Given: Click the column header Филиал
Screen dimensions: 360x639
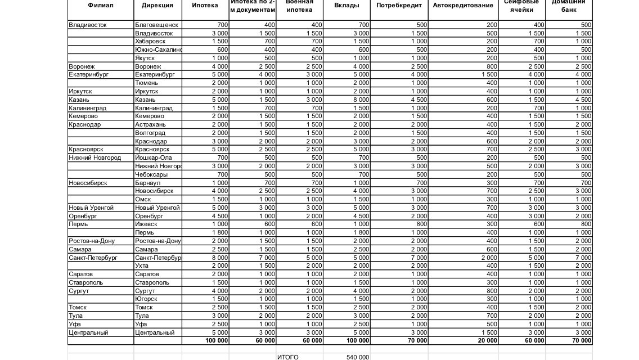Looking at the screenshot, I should pyautogui.click(x=101, y=6).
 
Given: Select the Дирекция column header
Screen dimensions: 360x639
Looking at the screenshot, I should pyautogui.click(x=157, y=6).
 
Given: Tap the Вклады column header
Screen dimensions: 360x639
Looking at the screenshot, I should pyautogui.click(x=346, y=6).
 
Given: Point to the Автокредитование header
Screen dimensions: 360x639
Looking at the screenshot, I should pyautogui.click(x=463, y=6).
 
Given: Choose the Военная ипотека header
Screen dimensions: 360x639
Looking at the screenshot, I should pyautogui.click(x=299, y=6).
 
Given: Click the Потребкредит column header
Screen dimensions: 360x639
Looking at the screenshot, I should pyautogui.click(x=399, y=6).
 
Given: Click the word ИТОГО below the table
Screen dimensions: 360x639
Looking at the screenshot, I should pyautogui.click(x=288, y=357).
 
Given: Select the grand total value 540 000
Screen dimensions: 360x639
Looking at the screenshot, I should pyautogui.click(x=358, y=357).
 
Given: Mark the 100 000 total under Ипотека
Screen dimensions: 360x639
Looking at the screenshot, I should pyautogui.click(x=217, y=341).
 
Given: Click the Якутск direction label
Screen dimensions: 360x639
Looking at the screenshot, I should pyautogui.click(x=145, y=58).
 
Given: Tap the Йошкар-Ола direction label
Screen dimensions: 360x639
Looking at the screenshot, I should pyautogui.click(x=154, y=158).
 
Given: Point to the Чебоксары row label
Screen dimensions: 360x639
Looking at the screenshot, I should pyautogui.click(x=152, y=174).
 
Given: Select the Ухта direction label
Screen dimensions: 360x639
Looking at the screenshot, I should pyautogui.click(x=142, y=266).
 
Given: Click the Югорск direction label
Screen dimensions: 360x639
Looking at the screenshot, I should pyautogui.click(x=145, y=299).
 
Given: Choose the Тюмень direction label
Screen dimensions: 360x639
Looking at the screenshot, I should pyautogui.click(x=146, y=83).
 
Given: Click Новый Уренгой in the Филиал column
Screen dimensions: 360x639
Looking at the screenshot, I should pyautogui.click(x=91, y=208).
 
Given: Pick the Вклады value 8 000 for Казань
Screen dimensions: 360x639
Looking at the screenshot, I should pyautogui.click(x=361, y=100).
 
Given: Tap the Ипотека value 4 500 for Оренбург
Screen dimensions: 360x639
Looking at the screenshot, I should pyautogui.click(x=220, y=216).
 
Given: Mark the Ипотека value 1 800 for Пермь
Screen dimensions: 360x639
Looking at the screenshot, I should pyautogui.click(x=220, y=233).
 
